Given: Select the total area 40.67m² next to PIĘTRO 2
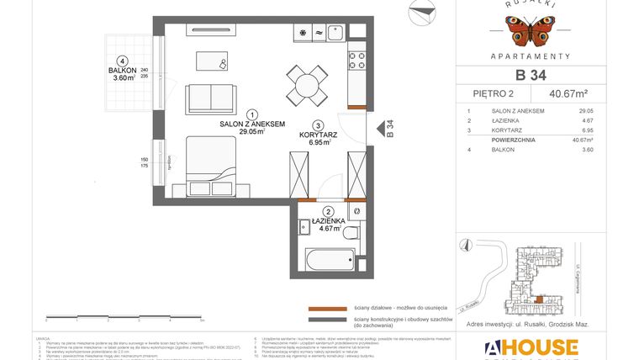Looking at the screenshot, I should [x=568, y=93].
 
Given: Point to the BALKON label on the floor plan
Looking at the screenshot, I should [x=123, y=71].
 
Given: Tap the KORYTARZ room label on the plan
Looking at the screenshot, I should [x=319, y=135].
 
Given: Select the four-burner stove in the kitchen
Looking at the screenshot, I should [x=356, y=61].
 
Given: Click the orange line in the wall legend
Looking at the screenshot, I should [x=329, y=308].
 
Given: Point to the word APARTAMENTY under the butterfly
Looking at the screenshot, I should [x=529, y=56].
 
